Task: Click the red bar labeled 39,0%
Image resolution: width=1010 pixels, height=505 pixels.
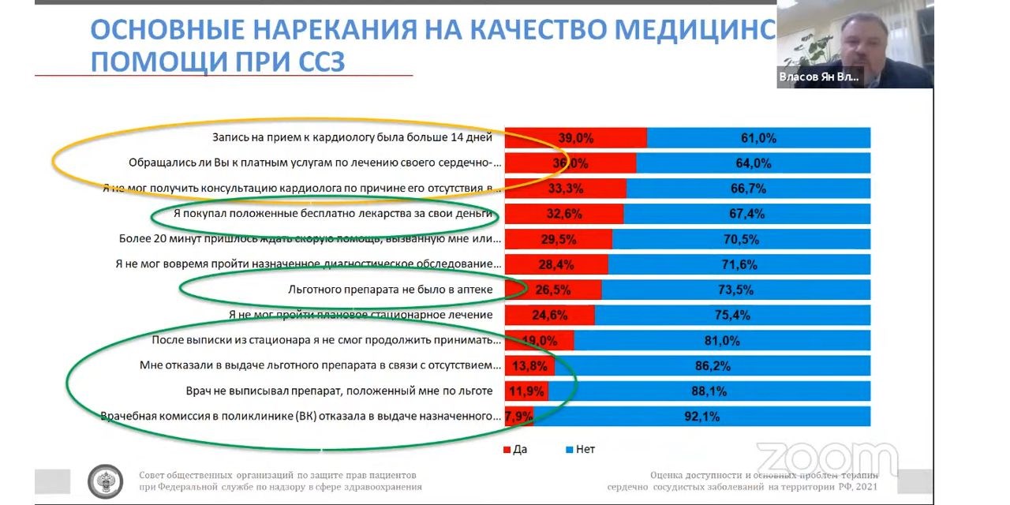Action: [x=575, y=137]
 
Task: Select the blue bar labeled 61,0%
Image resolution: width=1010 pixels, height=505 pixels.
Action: [x=758, y=137]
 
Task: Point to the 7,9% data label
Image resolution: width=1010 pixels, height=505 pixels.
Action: [x=519, y=417]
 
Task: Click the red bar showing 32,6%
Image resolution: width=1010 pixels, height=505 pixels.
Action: [x=564, y=214]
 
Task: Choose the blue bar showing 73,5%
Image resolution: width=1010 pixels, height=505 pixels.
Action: [x=735, y=290]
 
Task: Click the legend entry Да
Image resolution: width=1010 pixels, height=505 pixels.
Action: [x=514, y=449]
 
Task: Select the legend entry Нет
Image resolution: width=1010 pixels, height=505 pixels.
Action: [x=580, y=449]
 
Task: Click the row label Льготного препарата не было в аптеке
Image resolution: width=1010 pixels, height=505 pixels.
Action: [x=391, y=290]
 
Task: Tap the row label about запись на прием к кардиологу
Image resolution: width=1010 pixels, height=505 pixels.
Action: [x=352, y=137]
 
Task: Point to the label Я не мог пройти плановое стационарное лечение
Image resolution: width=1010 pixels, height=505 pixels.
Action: [x=361, y=315]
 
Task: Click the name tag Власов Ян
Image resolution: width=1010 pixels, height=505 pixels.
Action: [x=818, y=77]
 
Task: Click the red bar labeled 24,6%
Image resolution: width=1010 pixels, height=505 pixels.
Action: [x=550, y=315]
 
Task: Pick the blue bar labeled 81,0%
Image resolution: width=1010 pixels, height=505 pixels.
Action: [x=722, y=340]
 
